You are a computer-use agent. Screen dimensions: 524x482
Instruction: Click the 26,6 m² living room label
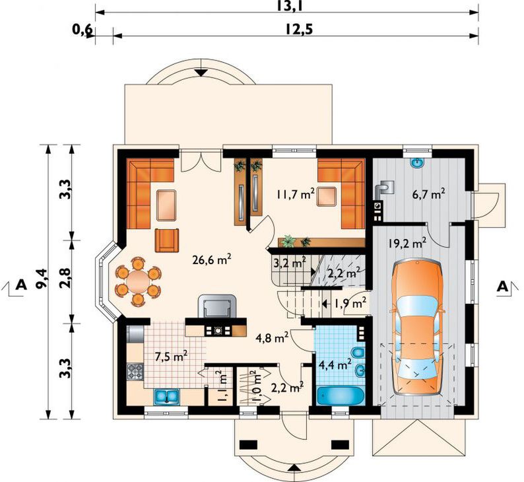click(x=213, y=259)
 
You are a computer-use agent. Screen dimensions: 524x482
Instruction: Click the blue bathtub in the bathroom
click(x=341, y=396)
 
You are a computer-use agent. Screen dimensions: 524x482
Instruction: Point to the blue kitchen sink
click(x=167, y=396)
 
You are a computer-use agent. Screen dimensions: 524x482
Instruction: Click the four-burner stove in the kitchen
click(x=135, y=371)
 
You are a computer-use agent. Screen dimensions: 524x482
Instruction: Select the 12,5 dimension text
click(x=299, y=30)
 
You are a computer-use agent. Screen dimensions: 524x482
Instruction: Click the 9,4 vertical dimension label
click(x=43, y=279)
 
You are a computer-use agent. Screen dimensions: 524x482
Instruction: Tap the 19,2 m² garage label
click(x=407, y=244)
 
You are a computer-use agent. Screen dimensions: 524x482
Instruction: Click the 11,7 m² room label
click(x=295, y=194)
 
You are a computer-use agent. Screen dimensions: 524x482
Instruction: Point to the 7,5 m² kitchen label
click(x=171, y=357)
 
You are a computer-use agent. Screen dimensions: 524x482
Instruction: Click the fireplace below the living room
click(x=216, y=306)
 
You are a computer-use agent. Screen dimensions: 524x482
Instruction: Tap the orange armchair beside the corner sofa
click(x=166, y=240)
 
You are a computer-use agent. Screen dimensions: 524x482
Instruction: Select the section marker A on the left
click(x=20, y=285)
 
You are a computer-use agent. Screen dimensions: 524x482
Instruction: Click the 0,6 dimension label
click(x=82, y=30)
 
